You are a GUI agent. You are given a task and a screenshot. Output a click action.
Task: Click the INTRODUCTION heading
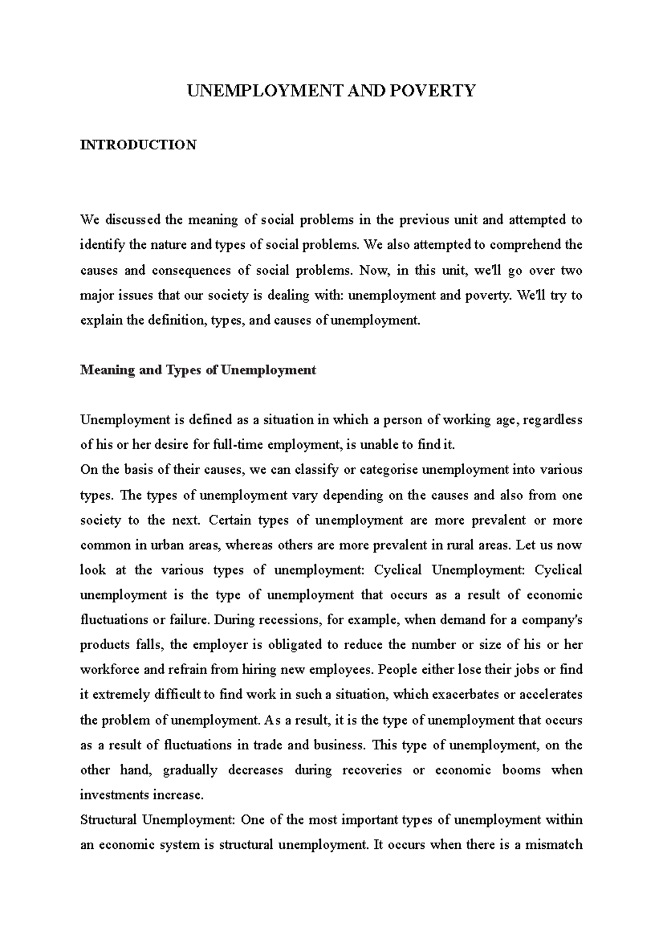click(x=138, y=145)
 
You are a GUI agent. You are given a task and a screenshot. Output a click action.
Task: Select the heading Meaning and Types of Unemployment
click(x=198, y=370)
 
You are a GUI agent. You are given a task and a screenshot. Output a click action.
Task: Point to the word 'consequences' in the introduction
click(x=191, y=270)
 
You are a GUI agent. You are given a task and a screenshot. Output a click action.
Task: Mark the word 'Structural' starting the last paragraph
click(x=108, y=820)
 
